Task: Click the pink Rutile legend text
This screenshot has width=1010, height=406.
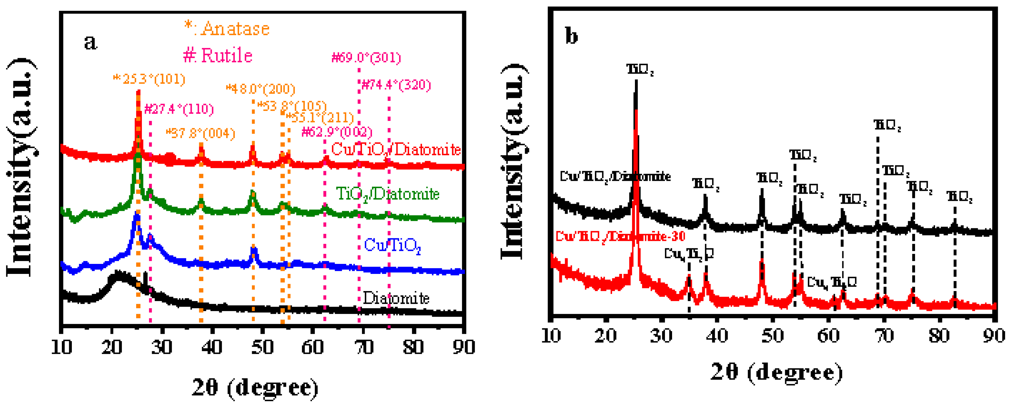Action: point(218,55)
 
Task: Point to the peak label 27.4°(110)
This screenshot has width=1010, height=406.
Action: point(179,109)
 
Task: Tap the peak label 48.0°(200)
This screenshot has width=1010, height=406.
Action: point(261,89)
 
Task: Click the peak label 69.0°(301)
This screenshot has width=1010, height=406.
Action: point(366,58)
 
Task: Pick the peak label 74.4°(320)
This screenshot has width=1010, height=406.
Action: point(396,85)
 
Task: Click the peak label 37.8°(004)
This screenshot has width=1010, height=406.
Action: point(201,133)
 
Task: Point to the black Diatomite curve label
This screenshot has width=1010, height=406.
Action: point(396,298)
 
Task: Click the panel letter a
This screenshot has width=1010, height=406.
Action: point(90,42)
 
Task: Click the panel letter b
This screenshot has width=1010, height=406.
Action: point(572,36)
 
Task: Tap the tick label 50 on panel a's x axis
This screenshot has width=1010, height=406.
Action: point(263,347)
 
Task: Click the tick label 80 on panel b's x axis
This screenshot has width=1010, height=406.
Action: point(939,335)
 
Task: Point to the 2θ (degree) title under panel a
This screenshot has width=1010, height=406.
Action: point(255,387)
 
